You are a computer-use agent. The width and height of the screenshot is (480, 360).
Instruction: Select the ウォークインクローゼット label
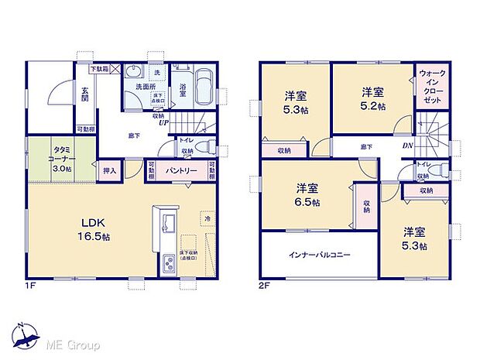point(431,87)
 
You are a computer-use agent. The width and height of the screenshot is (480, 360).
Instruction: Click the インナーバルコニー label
point(320,254)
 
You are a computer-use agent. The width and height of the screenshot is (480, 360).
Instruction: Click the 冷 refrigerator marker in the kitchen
point(207,220)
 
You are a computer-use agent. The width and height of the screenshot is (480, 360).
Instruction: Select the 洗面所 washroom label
point(137,87)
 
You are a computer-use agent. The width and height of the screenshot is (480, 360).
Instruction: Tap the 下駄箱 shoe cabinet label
point(98,70)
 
